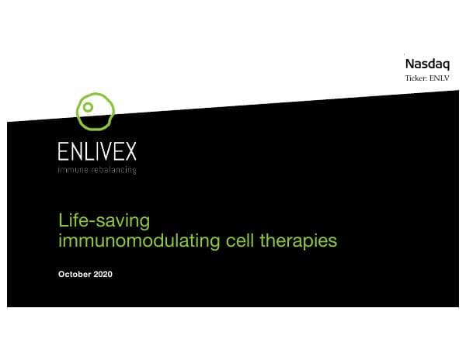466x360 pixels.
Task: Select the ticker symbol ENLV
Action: click(x=440, y=78)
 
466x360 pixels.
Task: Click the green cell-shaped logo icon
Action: click(x=96, y=111)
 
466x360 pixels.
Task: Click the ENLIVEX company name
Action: click(x=97, y=151)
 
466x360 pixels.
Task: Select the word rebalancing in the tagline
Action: click(x=113, y=169)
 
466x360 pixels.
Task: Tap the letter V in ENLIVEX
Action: click(x=103, y=151)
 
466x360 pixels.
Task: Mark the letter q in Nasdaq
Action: click(x=446, y=64)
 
